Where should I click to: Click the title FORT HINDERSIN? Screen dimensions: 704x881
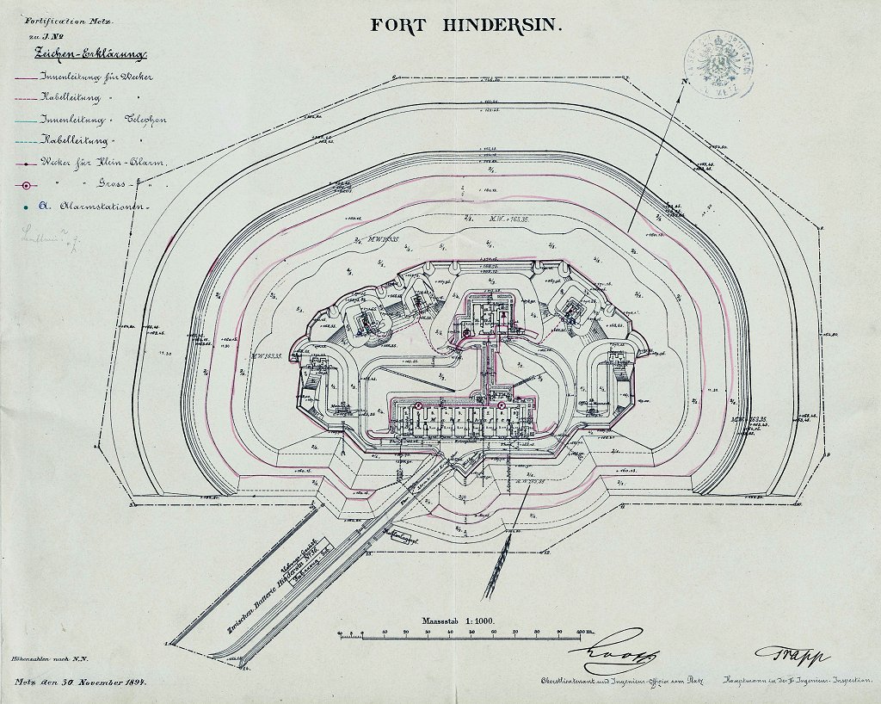tap(467, 24)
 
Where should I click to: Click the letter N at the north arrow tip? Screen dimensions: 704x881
tap(684, 81)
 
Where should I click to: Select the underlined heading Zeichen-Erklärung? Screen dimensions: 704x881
tap(89, 53)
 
